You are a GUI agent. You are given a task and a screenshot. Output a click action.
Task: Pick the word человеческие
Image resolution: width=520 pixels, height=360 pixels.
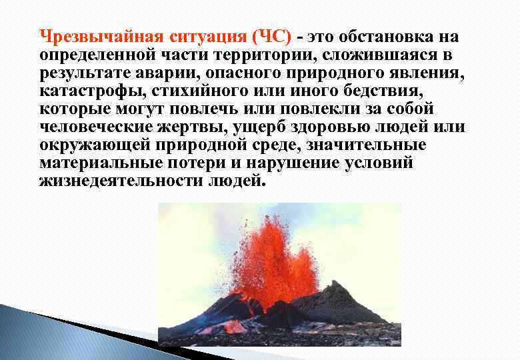(x=96, y=126)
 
